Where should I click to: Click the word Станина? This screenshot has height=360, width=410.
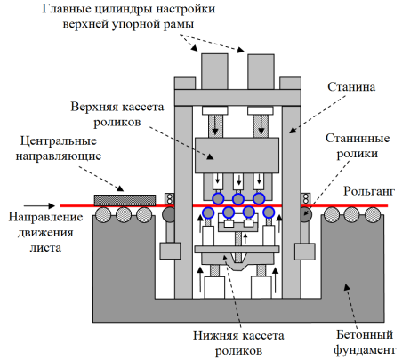pyautogui.click(x=351, y=87)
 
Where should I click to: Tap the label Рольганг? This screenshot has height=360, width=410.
pyautogui.click(x=369, y=191)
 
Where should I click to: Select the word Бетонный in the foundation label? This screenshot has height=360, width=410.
pyautogui.click(x=365, y=335)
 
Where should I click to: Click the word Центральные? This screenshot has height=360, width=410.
pyautogui.click(x=59, y=140)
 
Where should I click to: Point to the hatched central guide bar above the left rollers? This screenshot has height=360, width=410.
pyautogui.click(x=125, y=200)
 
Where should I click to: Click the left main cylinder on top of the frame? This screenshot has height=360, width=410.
pyautogui.click(x=214, y=71)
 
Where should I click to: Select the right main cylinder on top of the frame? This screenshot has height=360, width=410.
pyautogui.click(x=261, y=71)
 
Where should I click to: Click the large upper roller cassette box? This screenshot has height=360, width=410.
pyautogui.click(x=237, y=156)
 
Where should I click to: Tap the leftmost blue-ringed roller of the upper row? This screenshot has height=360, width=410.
pyautogui.click(x=218, y=198)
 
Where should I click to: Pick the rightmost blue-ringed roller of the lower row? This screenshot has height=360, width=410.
pyautogui.click(x=269, y=212)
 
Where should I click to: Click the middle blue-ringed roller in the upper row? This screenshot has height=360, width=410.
pyautogui.click(x=238, y=199)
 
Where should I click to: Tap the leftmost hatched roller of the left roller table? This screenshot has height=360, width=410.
pyautogui.click(x=103, y=214)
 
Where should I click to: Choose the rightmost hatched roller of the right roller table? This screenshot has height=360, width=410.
pyautogui.click(x=373, y=214)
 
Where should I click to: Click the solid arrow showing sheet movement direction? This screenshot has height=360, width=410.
pyautogui.click(x=39, y=205)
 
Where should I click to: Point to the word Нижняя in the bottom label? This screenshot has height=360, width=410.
pyautogui.click(x=213, y=335)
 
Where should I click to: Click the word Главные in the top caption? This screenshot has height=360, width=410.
pyautogui.click(x=67, y=9)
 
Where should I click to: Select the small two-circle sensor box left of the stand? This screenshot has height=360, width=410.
pyautogui.click(x=170, y=198)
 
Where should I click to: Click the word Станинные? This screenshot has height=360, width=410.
pyautogui.click(x=358, y=139)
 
